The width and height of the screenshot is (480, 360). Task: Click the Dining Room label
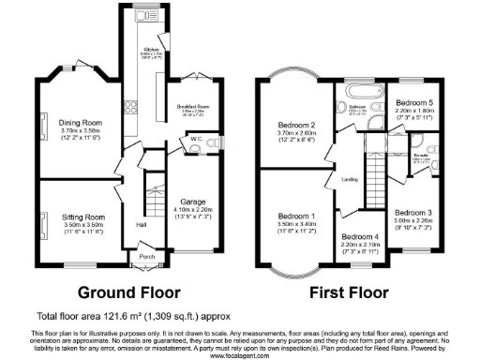(81, 121)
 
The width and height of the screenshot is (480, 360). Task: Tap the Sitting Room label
(79, 216)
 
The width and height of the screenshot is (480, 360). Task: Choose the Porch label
(147, 255)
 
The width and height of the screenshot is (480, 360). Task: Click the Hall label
(141, 224)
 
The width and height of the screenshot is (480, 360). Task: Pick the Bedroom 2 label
(295, 126)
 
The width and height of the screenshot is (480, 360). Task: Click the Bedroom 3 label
(412, 213)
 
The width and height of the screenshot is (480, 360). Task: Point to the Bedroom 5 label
(413, 103)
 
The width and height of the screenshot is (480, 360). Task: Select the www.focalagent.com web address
(240, 356)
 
